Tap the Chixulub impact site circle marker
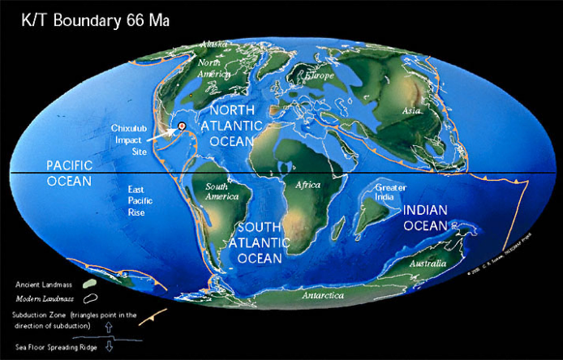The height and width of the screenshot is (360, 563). tap(182, 125)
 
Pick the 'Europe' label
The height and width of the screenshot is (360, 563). tap(317, 75)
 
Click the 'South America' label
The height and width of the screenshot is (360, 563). tap(217, 191)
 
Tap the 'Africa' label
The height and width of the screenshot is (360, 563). tap(308, 186)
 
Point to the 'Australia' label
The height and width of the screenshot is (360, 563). tap(427, 264)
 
